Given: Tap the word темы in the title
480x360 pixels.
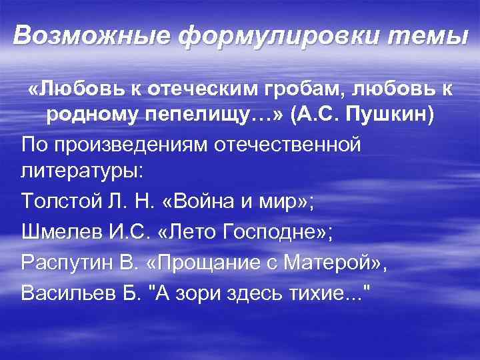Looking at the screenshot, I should coord(425,35).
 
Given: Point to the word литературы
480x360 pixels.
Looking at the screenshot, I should coord(81,170).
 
